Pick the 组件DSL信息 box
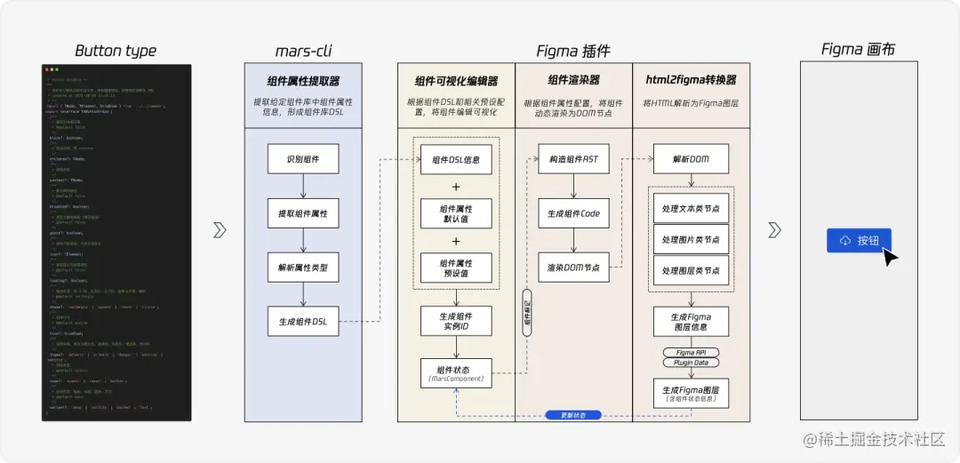[x=456, y=160]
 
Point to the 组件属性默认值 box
[x=456, y=213]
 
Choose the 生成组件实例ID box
[x=456, y=322]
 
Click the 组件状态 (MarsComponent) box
[x=456, y=373]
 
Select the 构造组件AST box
[x=573, y=160]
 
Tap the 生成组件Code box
[x=573, y=213]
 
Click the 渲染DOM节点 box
[x=573, y=267]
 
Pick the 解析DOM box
[x=691, y=160]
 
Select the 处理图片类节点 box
[x=691, y=239]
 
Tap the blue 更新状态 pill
[x=573, y=415]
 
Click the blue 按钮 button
[x=859, y=241]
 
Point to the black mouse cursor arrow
[x=889, y=256]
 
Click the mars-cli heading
[x=304, y=51]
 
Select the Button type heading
[x=116, y=51]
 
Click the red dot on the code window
[x=48, y=69]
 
